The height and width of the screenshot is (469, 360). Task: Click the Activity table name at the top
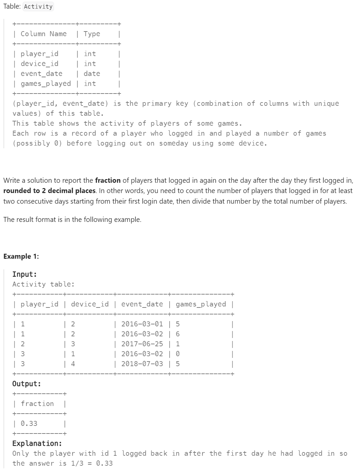(38, 7)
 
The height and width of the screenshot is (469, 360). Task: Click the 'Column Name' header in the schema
(43, 34)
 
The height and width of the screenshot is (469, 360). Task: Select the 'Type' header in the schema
(92, 34)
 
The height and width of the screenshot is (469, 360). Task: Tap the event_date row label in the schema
(41, 74)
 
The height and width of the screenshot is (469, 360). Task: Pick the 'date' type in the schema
(92, 74)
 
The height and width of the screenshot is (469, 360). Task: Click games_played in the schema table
(46, 84)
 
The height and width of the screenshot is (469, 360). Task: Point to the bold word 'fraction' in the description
(108, 180)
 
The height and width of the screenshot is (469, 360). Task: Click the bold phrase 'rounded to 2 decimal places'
(49, 191)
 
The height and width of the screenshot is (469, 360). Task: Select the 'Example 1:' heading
(21, 256)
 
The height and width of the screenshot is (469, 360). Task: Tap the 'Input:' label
(25, 274)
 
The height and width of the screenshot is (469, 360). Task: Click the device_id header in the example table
(90, 304)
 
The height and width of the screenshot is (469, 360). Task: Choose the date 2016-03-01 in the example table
(142, 324)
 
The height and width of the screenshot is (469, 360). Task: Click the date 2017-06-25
(142, 344)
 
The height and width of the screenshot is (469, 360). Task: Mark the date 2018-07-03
(142, 364)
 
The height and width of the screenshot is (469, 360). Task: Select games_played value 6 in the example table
(178, 334)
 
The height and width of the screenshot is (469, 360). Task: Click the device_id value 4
(73, 364)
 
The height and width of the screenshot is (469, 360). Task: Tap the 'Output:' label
(27, 384)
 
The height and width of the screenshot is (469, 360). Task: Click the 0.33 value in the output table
(29, 424)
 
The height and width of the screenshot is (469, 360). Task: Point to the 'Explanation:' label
(37, 443)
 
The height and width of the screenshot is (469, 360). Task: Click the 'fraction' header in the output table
(37, 404)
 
